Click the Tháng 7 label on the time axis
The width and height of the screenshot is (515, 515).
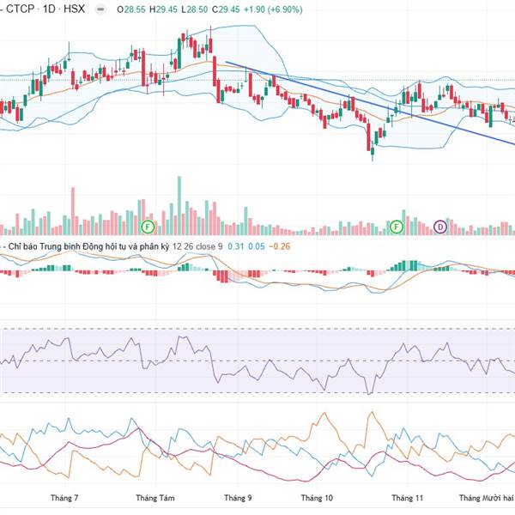click(64, 498)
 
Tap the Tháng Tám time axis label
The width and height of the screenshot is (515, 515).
click(155, 498)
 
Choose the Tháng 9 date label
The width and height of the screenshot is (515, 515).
click(238, 498)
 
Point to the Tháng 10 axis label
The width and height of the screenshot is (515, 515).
click(317, 498)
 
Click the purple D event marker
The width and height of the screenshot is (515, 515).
click(440, 227)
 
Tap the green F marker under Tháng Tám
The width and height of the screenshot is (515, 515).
click(148, 227)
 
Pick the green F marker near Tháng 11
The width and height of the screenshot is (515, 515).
click(397, 227)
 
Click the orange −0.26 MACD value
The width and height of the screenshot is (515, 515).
click(281, 247)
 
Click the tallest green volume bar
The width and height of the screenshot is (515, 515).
click(179, 204)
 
